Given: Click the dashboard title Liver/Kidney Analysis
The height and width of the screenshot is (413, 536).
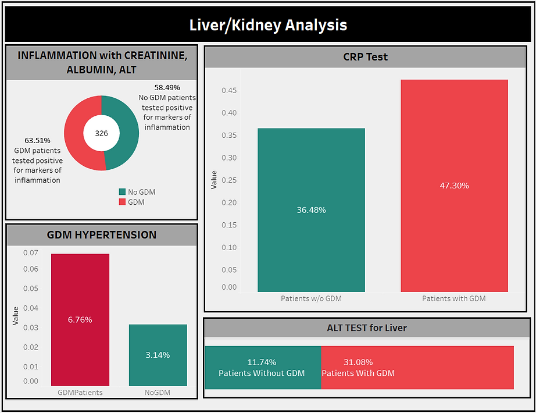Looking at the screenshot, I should click(268, 26).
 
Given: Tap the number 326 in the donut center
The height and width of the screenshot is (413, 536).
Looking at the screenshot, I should click(101, 133).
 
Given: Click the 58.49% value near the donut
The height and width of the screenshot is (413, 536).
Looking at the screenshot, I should click(167, 87).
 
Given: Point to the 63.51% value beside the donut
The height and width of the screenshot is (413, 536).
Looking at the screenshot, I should click(37, 140).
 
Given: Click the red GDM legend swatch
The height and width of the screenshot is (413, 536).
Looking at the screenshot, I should click(122, 202).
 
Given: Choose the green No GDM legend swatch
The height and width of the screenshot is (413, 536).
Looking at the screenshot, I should click(122, 192).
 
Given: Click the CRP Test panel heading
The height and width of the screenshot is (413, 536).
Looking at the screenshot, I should click(366, 57).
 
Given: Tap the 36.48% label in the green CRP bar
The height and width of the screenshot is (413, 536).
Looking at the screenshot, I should click(311, 210).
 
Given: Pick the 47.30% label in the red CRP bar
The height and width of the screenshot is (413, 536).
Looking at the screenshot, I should click(454, 186).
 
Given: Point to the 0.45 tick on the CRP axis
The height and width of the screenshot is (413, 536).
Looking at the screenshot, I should click(228, 90).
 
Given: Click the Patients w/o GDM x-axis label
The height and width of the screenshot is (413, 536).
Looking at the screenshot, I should click(311, 298).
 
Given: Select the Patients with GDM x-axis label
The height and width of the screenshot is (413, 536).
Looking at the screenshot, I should click(454, 298).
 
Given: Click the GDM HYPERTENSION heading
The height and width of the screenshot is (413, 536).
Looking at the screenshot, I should click(101, 235).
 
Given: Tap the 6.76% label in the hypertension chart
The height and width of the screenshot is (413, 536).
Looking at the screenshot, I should click(80, 319).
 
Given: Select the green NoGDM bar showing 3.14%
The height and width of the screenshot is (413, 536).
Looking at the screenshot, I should click(158, 355).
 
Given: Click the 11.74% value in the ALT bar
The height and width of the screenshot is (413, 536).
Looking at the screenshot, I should click(262, 362).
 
